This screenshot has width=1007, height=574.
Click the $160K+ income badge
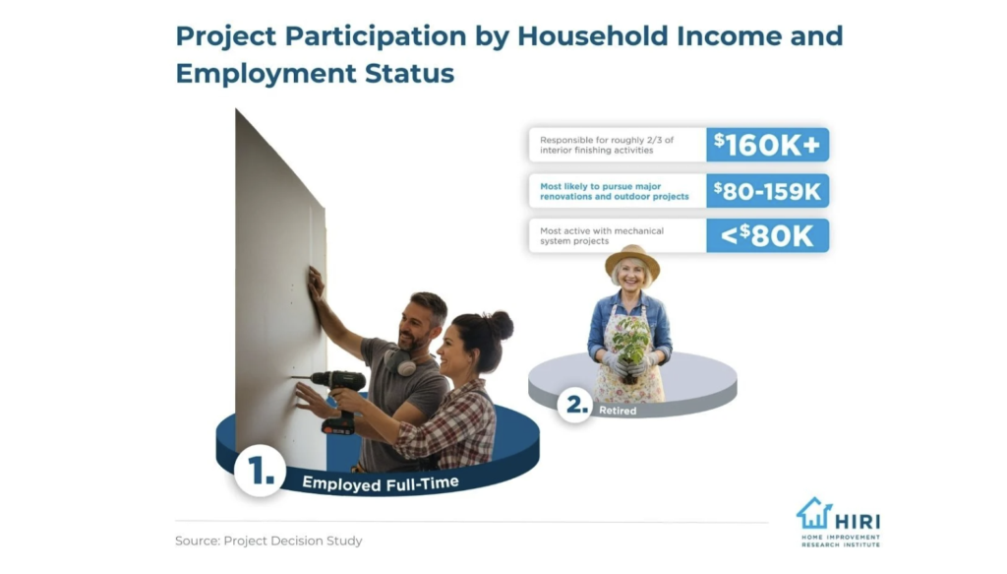coord(767,145)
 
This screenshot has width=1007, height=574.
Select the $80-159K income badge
coord(767,191)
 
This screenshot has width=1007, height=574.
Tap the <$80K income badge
coord(767,235)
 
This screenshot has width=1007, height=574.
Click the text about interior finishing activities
coord(607,145)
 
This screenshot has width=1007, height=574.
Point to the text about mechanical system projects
coord(602,236)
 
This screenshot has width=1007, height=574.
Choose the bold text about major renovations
coord(614,191)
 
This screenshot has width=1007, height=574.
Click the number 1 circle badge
coord(260,471)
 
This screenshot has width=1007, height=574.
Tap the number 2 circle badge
coord(574,405)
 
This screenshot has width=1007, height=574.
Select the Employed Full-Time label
coord(381,482)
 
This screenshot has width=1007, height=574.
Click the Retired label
coord(618,411)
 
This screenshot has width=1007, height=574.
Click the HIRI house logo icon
coord(813,513)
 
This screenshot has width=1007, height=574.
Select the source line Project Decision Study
coord(268,541)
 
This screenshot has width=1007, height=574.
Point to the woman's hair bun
coord(501,325)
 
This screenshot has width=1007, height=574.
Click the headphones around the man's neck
coord(399,361)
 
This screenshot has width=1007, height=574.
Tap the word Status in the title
coord(410,73)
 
